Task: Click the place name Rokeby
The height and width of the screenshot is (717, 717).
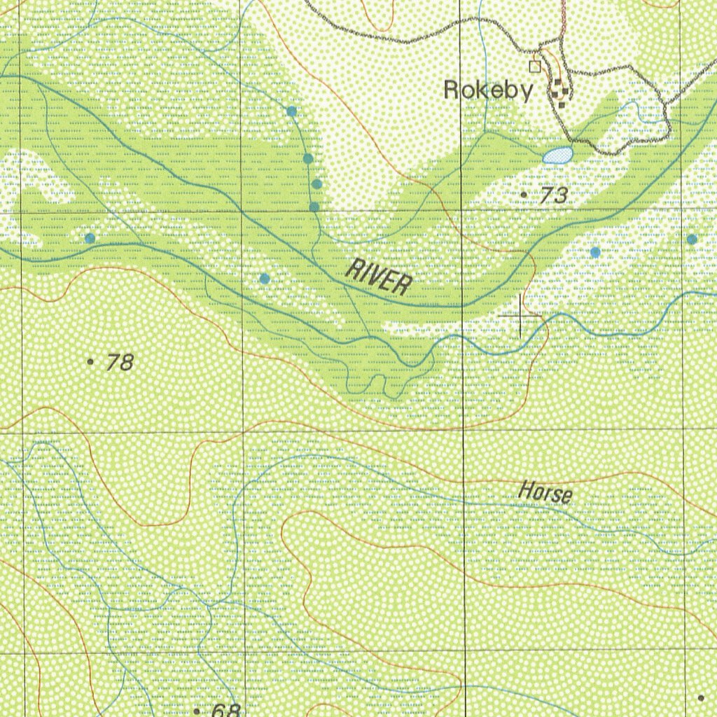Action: click(x=489, y=90)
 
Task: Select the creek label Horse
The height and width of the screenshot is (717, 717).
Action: click(x=545, y=492)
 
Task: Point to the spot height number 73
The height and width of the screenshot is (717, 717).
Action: click(x=553, y=196)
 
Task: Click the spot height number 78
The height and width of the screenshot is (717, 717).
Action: click(x=120, y=363)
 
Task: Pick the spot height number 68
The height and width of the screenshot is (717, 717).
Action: click(x=225, y=710)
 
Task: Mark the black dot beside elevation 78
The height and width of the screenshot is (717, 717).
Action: click(x=90, y=362)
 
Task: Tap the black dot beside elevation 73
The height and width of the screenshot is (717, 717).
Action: click(x=524, y=193)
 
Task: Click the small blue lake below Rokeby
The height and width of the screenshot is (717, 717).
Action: click(x=558, y=155)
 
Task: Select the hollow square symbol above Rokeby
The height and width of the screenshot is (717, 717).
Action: click(x=536, y=67)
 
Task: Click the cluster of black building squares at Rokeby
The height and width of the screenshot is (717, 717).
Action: click(x=559, y=92)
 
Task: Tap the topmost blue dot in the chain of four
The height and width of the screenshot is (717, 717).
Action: click(x=291, y=111)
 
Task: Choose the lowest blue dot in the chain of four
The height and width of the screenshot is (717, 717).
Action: click(x=314, y=207)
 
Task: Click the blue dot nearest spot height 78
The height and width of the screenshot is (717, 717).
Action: click(x=90, y=238)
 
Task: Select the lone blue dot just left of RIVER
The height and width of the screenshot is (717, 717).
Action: click(x=265, y=279)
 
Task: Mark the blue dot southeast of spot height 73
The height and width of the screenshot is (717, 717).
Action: click(x=595, y=252)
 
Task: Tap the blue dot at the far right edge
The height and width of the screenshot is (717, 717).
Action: click(x=692, y=239)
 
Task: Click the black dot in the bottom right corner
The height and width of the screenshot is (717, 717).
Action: click(x=701, y=697)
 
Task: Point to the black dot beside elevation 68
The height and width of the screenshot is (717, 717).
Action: click(x=197, y=710)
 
